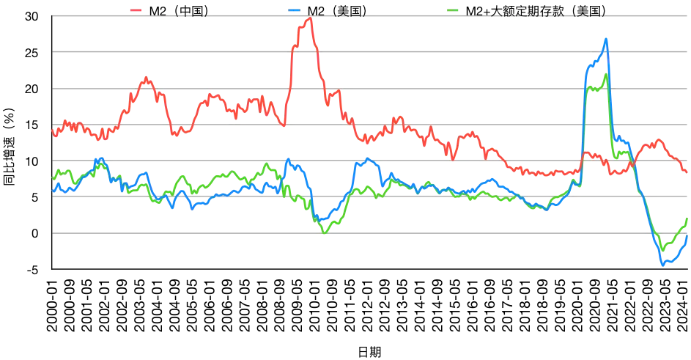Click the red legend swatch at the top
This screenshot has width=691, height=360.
136,10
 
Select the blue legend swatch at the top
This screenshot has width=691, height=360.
295,10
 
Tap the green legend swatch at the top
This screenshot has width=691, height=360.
453,10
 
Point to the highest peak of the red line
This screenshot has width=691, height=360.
311,18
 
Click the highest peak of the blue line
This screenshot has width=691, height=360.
606,39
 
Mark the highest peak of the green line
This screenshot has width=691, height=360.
606,74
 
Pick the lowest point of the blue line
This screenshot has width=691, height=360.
662,265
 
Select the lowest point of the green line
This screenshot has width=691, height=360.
662,251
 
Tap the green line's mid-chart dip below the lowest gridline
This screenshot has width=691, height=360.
325,233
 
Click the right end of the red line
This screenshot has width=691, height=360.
687,172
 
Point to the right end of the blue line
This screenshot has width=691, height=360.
687,236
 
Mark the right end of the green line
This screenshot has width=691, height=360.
687,218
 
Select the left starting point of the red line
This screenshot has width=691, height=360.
52,131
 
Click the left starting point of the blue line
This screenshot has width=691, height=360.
53,191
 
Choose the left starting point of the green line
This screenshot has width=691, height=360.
52,177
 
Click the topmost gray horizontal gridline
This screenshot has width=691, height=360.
366,15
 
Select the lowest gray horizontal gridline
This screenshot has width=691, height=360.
366,233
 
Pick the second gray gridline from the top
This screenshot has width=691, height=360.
366,51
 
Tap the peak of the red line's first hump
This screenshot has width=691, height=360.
147,77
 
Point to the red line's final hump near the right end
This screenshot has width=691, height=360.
658,140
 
